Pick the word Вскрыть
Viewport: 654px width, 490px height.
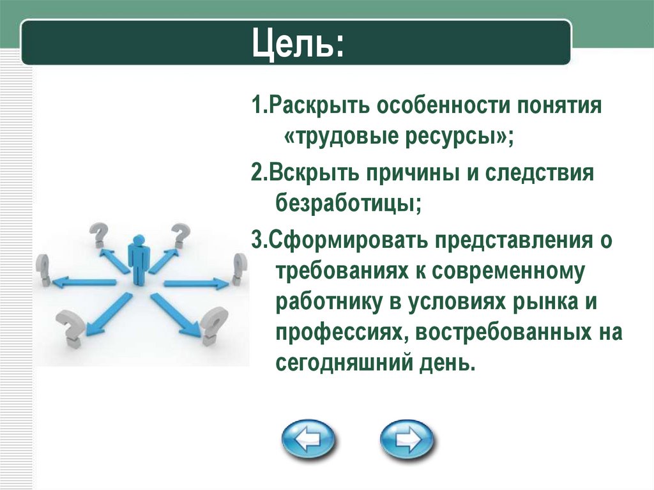click(x=313, y=173)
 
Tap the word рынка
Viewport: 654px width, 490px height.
click(x=538, y=303)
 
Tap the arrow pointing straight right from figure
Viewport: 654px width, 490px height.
click(x=197, y=283)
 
